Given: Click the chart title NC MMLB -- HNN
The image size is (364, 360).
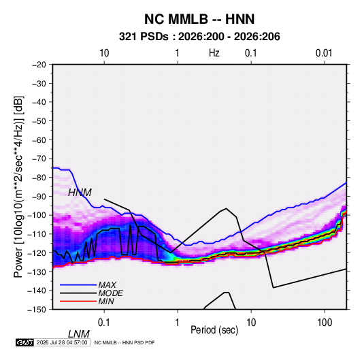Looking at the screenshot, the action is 199,19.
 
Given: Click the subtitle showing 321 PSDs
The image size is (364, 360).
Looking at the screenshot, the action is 199,37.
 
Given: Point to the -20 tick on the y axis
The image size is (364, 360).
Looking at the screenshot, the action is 39,65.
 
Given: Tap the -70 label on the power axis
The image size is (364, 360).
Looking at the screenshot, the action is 39,159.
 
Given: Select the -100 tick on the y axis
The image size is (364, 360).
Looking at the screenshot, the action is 37,215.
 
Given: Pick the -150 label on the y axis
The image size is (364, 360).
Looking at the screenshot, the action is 37,310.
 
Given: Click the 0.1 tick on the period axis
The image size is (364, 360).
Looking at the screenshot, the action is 104,323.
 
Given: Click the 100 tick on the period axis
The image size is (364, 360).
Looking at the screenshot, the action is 325,323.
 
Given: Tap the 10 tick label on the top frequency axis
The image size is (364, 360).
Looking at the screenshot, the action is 104,53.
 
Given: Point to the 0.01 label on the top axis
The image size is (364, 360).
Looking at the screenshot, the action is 324,53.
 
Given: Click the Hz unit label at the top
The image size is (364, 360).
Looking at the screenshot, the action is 214,53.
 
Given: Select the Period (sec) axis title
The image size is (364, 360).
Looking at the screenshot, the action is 214,330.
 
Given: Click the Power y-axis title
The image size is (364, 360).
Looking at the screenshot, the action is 18,187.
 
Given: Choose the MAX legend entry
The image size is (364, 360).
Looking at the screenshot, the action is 107,285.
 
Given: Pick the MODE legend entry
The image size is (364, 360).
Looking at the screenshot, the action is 110,293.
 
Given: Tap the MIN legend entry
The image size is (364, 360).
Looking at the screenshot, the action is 106,301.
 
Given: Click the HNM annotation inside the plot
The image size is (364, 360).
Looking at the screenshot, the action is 80,193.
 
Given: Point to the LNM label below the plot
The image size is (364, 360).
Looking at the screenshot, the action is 78,334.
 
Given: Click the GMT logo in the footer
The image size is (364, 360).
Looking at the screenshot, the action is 24,342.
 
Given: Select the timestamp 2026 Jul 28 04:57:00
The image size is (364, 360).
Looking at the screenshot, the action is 62,342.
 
